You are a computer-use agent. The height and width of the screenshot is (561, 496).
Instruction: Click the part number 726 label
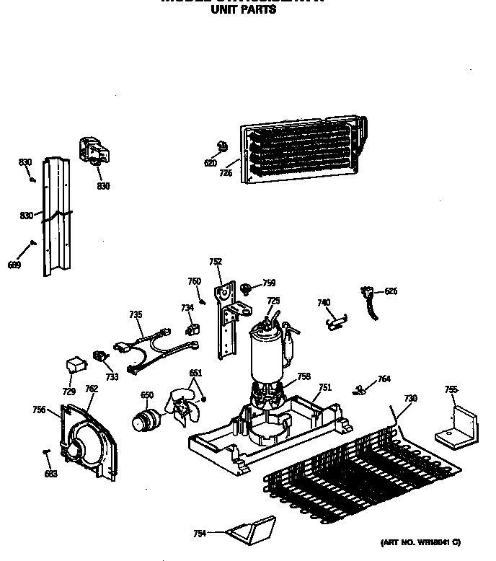click(226, 173)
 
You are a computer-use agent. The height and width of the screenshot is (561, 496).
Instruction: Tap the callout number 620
click(211, 164)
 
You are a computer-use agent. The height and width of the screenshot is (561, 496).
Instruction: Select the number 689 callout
click(14, 265)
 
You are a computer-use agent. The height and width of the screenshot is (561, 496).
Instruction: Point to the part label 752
click(216, 262)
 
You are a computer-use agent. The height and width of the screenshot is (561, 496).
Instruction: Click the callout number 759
click(269, 283)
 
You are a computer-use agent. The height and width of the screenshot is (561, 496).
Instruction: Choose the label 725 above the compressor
click(273, 301)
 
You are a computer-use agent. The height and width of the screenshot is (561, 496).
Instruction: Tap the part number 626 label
click(391, 291)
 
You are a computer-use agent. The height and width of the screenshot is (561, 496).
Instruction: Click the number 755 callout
click(451, 390)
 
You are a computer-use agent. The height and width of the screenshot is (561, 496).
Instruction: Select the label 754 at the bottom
click(200, 533)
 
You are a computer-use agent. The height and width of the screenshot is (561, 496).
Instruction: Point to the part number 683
click(50, 473)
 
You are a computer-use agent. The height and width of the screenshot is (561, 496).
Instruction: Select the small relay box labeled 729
click(74, 366)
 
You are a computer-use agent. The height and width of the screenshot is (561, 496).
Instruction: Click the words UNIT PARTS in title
click(242, 10)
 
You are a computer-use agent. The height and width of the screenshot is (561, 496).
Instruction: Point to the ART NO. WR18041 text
click(420, 542)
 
